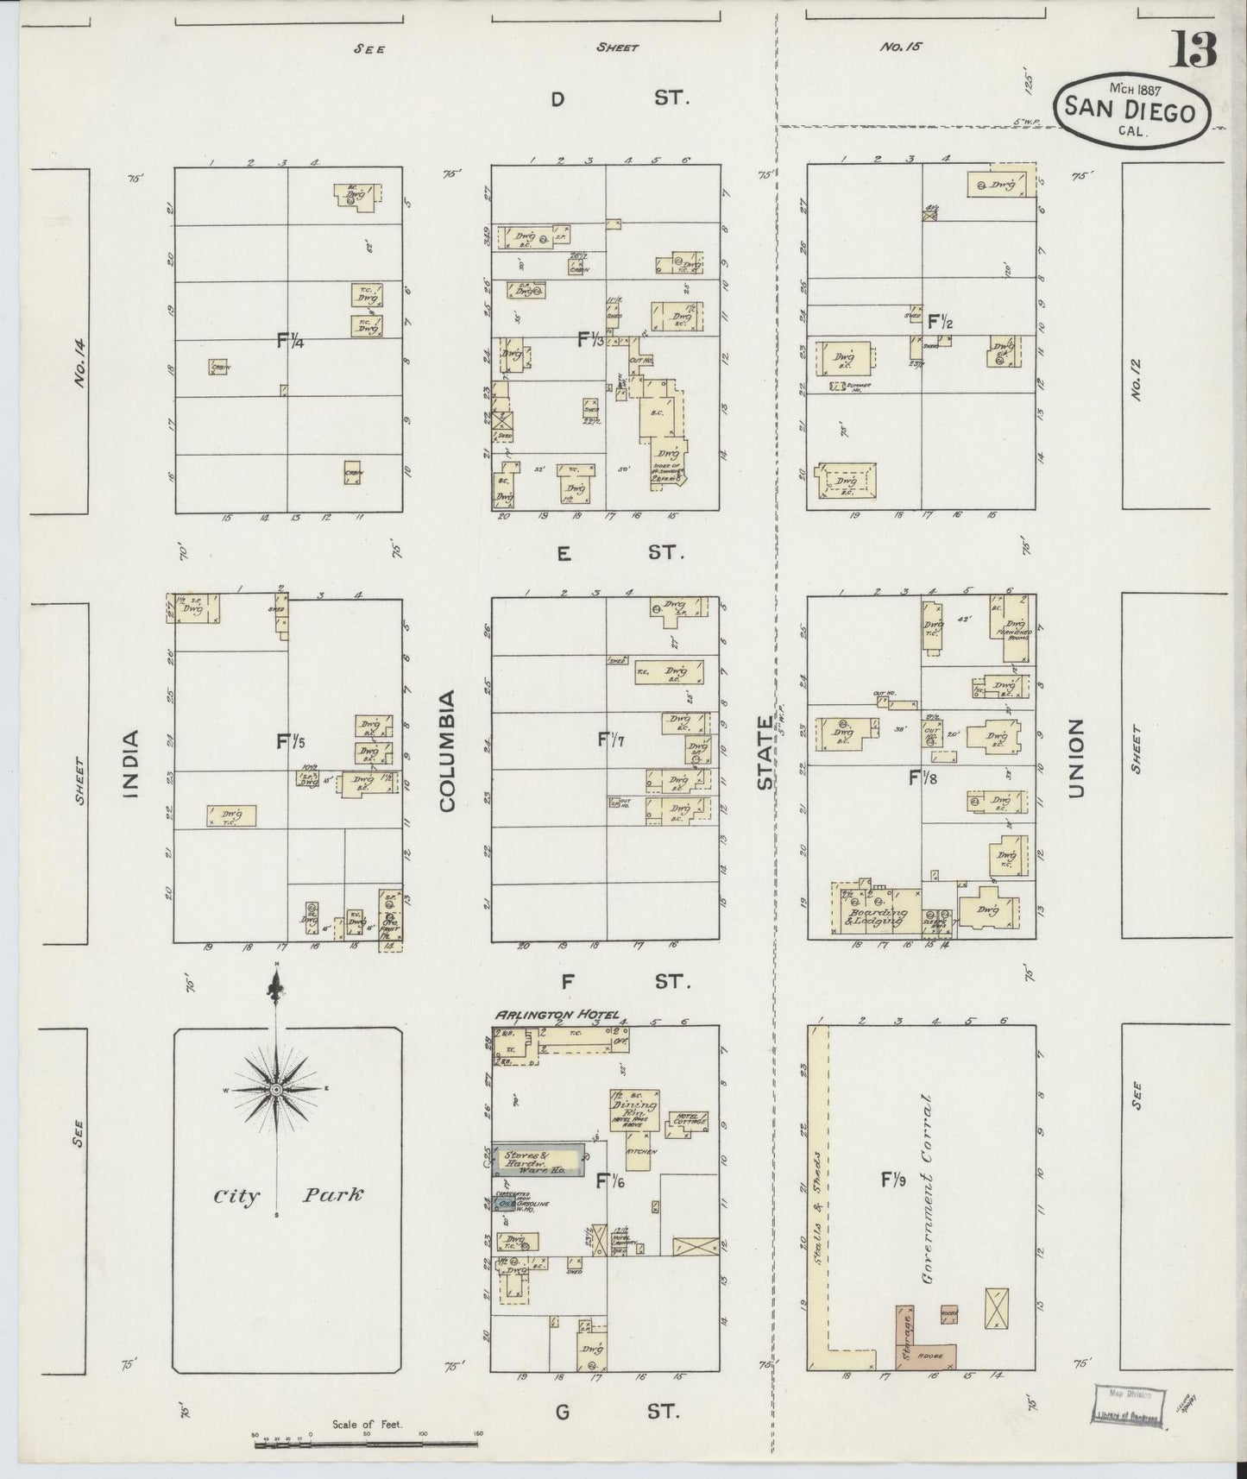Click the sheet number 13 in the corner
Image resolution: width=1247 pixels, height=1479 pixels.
tap(1193, 51)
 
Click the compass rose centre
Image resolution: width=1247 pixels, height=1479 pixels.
tap(275, 1091)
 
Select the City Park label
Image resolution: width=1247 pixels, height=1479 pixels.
tap(289, 1196)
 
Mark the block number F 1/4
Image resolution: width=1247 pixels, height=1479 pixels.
tap(290, 340)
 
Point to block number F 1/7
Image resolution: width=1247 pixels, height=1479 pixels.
tap(610, 739)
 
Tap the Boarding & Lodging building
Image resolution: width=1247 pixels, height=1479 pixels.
tap(876, 909)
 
